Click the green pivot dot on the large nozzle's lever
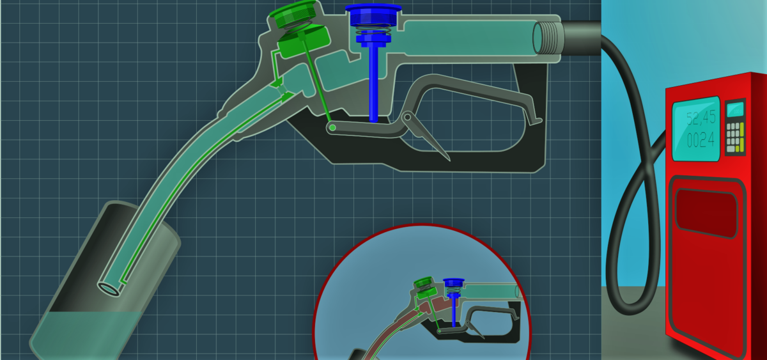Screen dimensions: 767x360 click(332, 128)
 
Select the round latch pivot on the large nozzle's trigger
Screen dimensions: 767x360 click(407, 117)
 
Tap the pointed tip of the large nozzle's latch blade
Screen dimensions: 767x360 click(449, 160)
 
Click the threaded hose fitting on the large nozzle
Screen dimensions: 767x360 click(548, 38)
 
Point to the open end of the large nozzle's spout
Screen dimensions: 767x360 click(109, 288)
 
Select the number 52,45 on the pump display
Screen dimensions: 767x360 click(701, 118)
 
